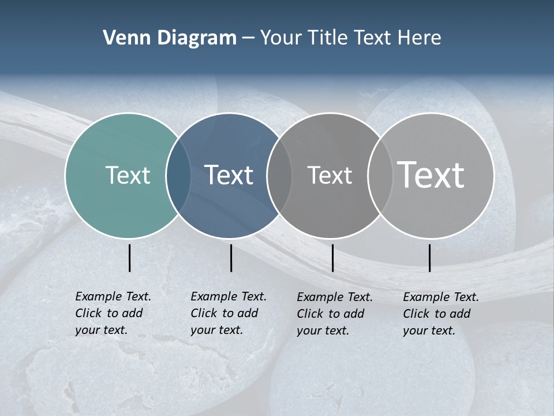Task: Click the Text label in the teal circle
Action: [x=128, y=175]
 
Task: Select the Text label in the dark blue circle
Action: [x=229, y=175]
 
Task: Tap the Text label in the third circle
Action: [x=330, y=175]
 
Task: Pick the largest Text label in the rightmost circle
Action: [x=431, y=174]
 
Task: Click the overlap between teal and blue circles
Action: [x=178, y=175]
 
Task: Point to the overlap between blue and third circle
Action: [x=279, y=175]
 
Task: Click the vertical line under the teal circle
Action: [x=129, y=258]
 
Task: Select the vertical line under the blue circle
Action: [x=231, y=258]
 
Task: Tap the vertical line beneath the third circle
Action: [x=332, y=258]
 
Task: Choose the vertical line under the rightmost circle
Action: [x=429, y=258]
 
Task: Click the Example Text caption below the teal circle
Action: [x=113, y=313]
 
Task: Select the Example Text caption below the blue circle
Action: [x=228, y=313]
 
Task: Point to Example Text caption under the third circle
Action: [x=334, y=314]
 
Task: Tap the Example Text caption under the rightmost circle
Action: [x=440, y=314]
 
